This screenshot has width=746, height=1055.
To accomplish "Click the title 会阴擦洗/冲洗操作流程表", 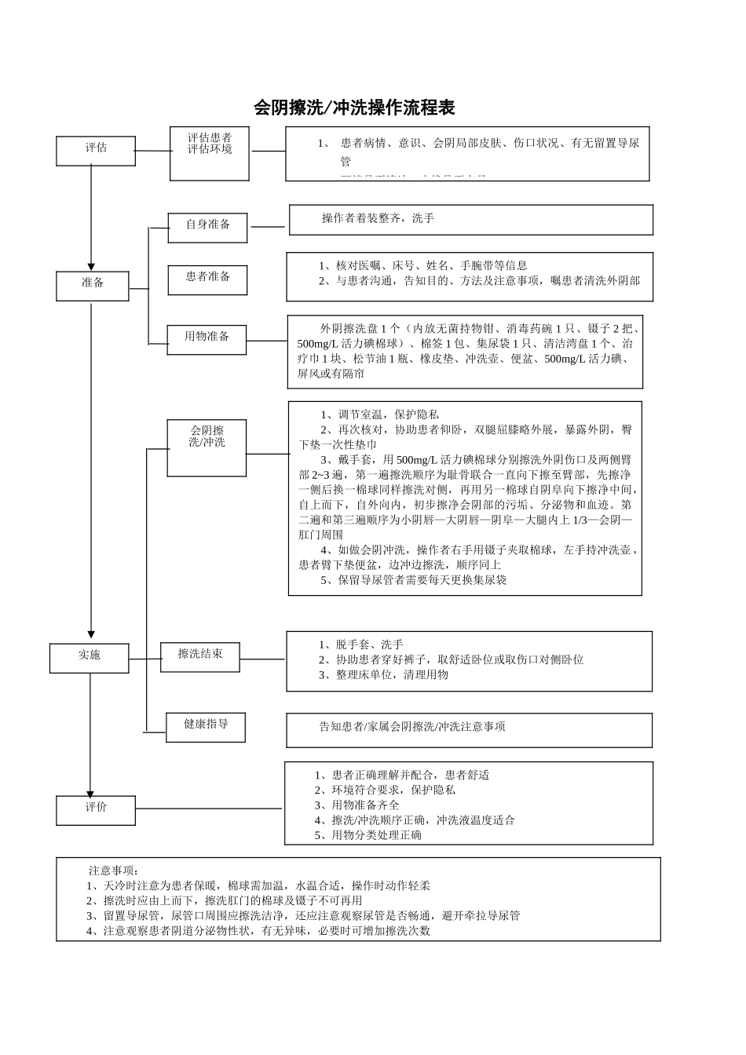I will tap(354, 108).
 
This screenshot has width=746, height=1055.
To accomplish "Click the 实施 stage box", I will tap(89, 658).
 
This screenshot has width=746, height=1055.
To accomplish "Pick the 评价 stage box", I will tap(95, 810).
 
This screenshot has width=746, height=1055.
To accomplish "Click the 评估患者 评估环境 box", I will tap(210, 153).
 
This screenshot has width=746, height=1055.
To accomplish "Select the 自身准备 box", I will tap(207, 228).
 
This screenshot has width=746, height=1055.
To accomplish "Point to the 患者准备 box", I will tap(207, 279).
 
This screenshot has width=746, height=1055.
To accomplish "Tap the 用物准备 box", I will tap(207, 339).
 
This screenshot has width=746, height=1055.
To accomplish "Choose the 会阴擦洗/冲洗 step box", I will tap(207, 447).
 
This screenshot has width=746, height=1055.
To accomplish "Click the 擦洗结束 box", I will tap(199, 656).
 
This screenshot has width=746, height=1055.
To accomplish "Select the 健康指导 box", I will tap(206, 727).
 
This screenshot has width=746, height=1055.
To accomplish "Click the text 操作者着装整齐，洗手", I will tap(378, 218).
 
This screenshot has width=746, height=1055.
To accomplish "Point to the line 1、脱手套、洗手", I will tap(360, 644).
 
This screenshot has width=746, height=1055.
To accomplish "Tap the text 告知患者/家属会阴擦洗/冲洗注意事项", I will tap(412, 727).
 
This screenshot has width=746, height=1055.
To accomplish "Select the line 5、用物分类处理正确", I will tap(368, 835).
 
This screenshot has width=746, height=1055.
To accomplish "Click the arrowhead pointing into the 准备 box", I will tap(91, 267).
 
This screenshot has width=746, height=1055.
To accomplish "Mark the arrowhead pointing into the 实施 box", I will tap(91, 634).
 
